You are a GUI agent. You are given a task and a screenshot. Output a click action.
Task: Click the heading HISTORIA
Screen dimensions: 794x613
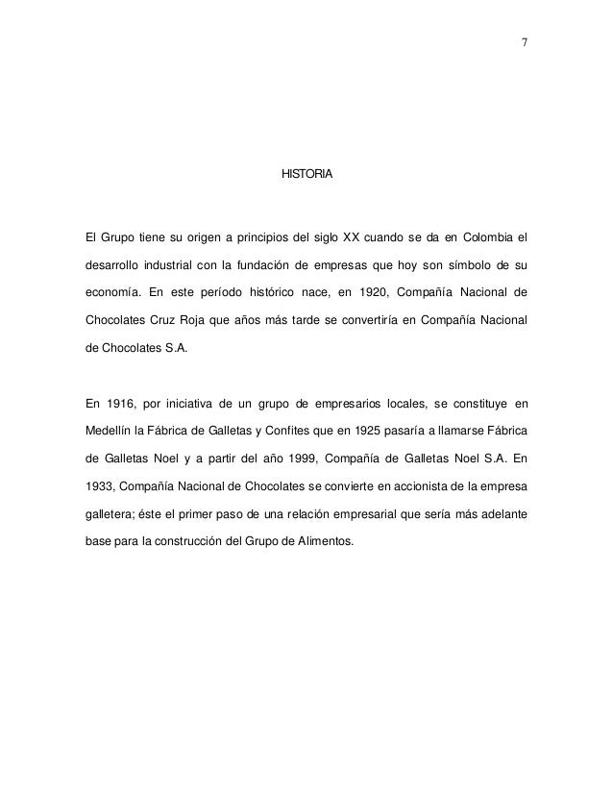(x=306, y=175)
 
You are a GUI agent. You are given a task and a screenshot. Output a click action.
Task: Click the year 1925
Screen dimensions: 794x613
(x=374, y=429)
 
